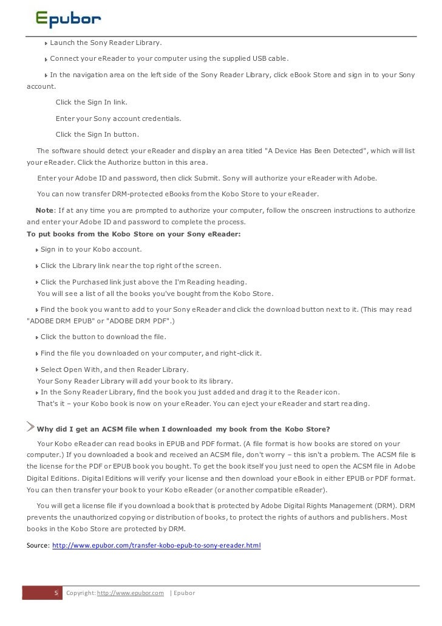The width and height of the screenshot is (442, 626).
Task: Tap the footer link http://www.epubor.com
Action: (x=131, y=593)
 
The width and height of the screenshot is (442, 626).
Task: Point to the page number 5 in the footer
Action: (x=56, y=593)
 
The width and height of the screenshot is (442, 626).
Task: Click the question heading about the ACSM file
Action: (x=193, y=431)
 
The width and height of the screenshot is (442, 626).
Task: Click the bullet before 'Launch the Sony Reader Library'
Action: (x=46, y=43)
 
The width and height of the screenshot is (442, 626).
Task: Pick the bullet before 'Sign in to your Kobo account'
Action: (x=37, y=250)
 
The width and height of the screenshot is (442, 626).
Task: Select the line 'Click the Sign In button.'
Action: (x=97, y=134)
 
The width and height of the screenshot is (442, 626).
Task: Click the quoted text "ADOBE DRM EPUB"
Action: (x=58, y=320)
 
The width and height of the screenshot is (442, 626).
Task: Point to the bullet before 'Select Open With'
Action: (x=37, y=370)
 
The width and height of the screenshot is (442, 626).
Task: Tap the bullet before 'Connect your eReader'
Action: (x=46, y=59)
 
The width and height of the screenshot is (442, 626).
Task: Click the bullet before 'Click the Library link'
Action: (x=37, y=266)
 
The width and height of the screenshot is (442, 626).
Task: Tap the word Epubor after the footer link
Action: (x=184, y=593)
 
